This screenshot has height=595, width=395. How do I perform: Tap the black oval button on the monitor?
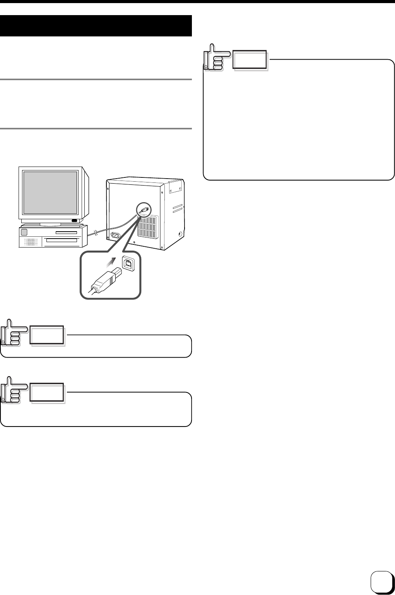[x=74, y=221]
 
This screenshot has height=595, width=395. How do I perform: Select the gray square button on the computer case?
[x=24, y=232]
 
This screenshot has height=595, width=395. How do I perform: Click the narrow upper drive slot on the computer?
[x=66, y=233]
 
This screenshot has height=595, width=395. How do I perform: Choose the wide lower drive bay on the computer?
[x=62, y=241]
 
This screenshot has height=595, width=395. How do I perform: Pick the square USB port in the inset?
[x=128, y=263]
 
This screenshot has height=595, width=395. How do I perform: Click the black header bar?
[x=96, y=26]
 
